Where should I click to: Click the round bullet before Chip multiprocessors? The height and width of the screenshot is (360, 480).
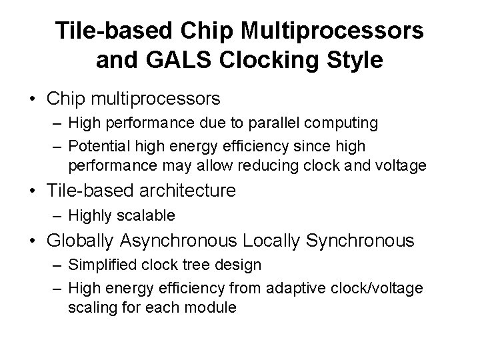[x=31, y=99]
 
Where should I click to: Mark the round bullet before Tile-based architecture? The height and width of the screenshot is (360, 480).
[x=31, y=191]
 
